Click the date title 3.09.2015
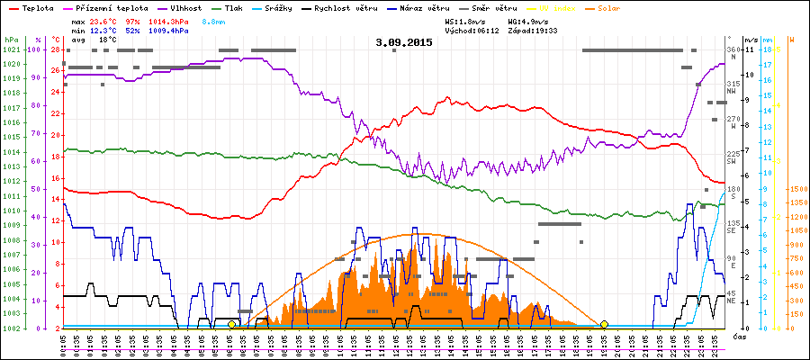coord(404,41)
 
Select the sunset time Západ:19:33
coord(534,30)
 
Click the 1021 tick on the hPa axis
coord(11,49)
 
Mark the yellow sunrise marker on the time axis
coord(231,324)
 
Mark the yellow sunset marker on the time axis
coord(604,324)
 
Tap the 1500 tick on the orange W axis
coord(796,190)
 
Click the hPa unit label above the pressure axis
coord(11,40)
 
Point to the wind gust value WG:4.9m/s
coord(529,20)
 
